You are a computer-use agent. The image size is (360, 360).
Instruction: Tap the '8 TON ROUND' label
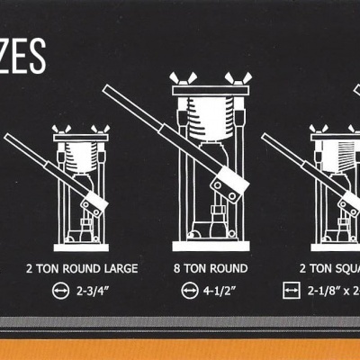[x=210, y=268]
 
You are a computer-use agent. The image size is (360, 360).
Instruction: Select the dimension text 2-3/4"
[x=89, y=290]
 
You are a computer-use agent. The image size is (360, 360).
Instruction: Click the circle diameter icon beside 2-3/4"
[x=61, y=290]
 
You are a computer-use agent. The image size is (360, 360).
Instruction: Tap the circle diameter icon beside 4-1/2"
[x=190, y=290]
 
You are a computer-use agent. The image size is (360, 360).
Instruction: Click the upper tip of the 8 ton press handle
[x=108, y=89]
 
